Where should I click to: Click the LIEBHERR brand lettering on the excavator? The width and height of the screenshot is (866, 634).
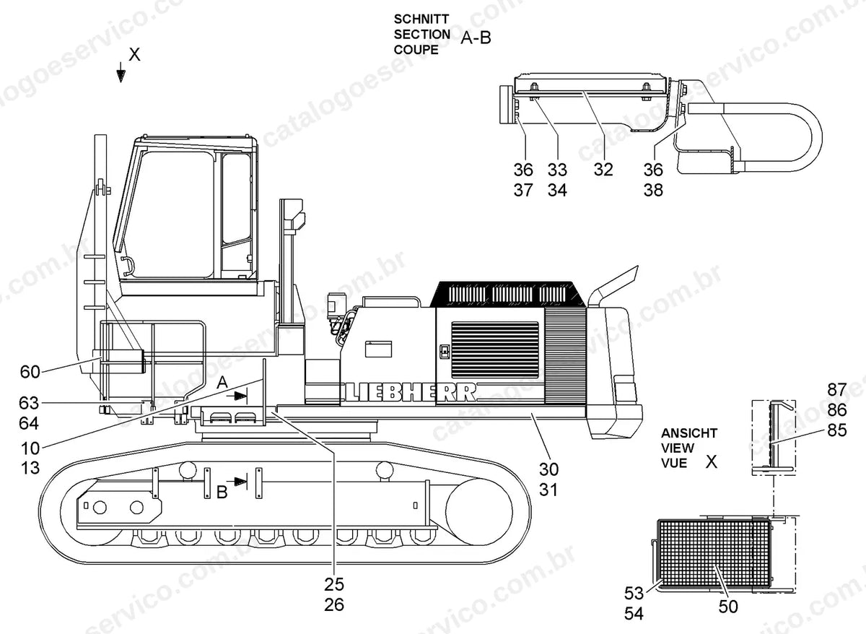coord(410,392)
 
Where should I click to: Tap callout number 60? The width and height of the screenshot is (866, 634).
coord(30,372)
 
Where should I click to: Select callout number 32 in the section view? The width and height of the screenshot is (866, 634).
coord(603,170)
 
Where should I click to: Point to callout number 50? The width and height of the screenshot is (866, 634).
coord(728,607)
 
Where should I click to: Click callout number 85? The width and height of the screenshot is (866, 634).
coord(837,430)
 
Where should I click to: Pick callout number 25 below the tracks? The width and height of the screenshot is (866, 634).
coord(334,584)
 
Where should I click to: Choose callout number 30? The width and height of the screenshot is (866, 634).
coord(548,469)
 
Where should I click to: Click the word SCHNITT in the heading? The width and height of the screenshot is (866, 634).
coord(421,19)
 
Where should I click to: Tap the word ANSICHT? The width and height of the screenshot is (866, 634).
coord(689,433)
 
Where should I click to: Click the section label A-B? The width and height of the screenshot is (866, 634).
coord(476,38)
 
